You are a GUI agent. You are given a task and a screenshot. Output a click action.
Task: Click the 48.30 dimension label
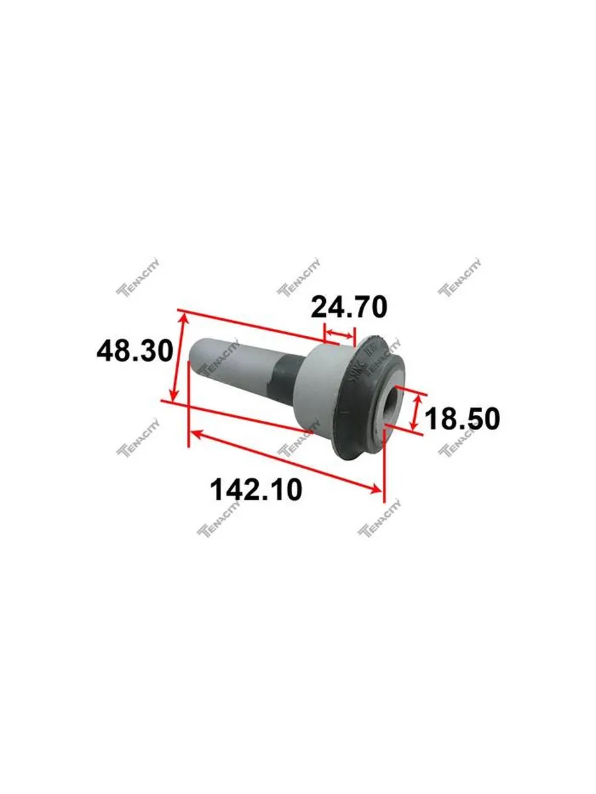[x=135, y=351]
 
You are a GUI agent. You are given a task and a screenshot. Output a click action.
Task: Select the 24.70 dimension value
[x=349, y=307]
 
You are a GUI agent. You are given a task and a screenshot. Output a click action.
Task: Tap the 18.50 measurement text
[x=462, y=419]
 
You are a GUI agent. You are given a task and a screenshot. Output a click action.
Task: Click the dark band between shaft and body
[x=286, y=379]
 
